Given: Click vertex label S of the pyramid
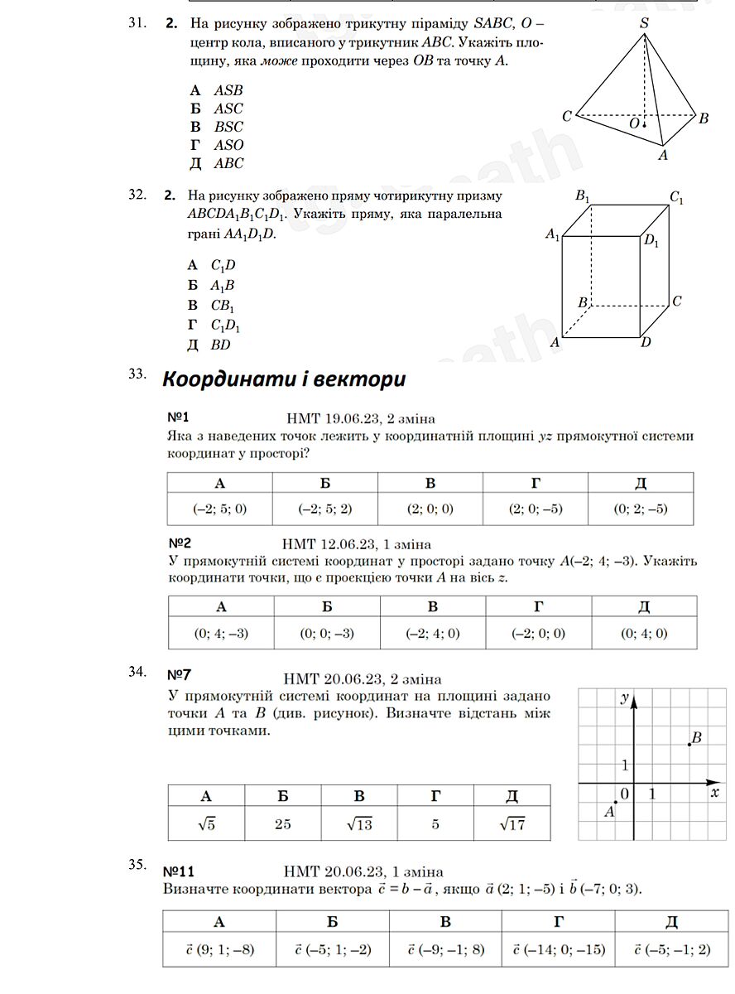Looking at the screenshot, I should [644, 24].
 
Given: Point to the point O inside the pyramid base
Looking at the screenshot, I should [643, 125].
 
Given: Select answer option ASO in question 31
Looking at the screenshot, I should [228, 145].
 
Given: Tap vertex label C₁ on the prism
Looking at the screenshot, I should [676, 198].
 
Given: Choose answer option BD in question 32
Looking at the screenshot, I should [220, 345].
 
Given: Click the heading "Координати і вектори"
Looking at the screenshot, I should [284, 379].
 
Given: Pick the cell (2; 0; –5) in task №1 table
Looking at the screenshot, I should [536, 509].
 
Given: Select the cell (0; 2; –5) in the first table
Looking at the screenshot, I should [641, 509].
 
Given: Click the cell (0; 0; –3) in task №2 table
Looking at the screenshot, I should [327, 634].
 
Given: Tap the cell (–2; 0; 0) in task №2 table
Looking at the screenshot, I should [538, 634].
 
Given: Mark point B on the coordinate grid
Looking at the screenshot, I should [689, 745].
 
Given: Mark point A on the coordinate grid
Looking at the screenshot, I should [615, 802].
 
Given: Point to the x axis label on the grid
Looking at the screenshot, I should [713, 793].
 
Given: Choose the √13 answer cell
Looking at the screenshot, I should [359, 823].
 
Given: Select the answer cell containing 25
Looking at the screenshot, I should [283, 823].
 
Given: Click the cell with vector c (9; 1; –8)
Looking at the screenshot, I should [219, 949].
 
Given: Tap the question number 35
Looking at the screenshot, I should [137, 865].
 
